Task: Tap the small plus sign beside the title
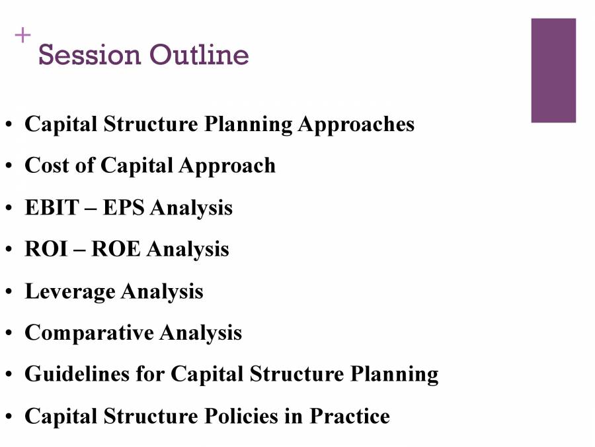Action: click(x=23, y=36)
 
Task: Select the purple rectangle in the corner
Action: click(x=553, y=70)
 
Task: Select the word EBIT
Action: click(x=52, y=208)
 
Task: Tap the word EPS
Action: click(x=125, y=208)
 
